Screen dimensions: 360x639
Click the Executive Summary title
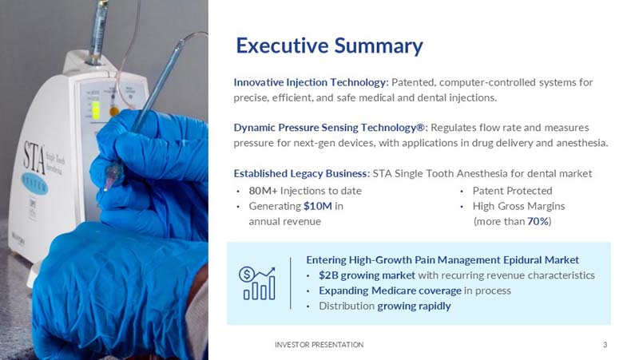329,45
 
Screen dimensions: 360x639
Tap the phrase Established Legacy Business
301,173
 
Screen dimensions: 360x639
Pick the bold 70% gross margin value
538,221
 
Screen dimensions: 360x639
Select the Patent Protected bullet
512,191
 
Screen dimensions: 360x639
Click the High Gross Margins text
518,206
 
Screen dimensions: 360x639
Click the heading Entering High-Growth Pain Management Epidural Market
443,260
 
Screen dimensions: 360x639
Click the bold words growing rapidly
414,306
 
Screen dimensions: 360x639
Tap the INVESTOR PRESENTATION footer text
319,345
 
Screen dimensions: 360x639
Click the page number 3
605,345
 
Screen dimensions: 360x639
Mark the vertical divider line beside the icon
291,283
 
